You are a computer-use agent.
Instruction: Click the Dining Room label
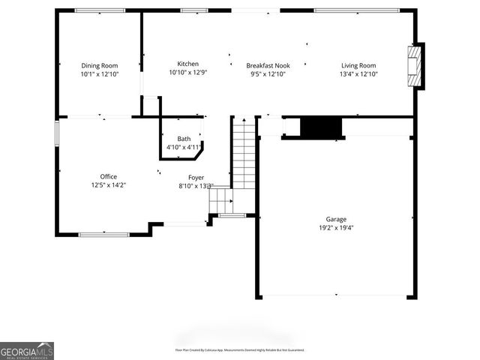pos(99,65)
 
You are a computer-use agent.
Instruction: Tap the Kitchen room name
pos(187,64)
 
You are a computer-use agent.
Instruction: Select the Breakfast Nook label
pos(268,65)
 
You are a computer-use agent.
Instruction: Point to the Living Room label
pos(358,65)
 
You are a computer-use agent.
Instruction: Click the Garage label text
pos(335,219)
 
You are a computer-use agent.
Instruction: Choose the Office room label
pos(109,176)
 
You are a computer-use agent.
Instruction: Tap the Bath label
pos(184,139)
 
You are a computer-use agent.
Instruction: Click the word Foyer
pos(196,177)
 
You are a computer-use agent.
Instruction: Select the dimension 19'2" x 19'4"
pos(335,227)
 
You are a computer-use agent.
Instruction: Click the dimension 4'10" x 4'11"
pos(184,147)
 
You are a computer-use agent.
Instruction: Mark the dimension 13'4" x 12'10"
pos(358,73)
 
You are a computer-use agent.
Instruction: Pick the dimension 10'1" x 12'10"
pos(99,73)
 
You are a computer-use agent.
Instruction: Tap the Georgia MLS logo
pos(27,351)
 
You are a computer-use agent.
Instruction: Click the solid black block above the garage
pos(321,128)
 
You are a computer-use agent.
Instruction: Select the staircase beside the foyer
pos(243,154)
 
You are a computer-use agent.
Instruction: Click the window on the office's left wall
pos(57,133)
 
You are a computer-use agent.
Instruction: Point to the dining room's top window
pos(100,10)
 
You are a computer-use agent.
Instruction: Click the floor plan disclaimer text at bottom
pos(239,349)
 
